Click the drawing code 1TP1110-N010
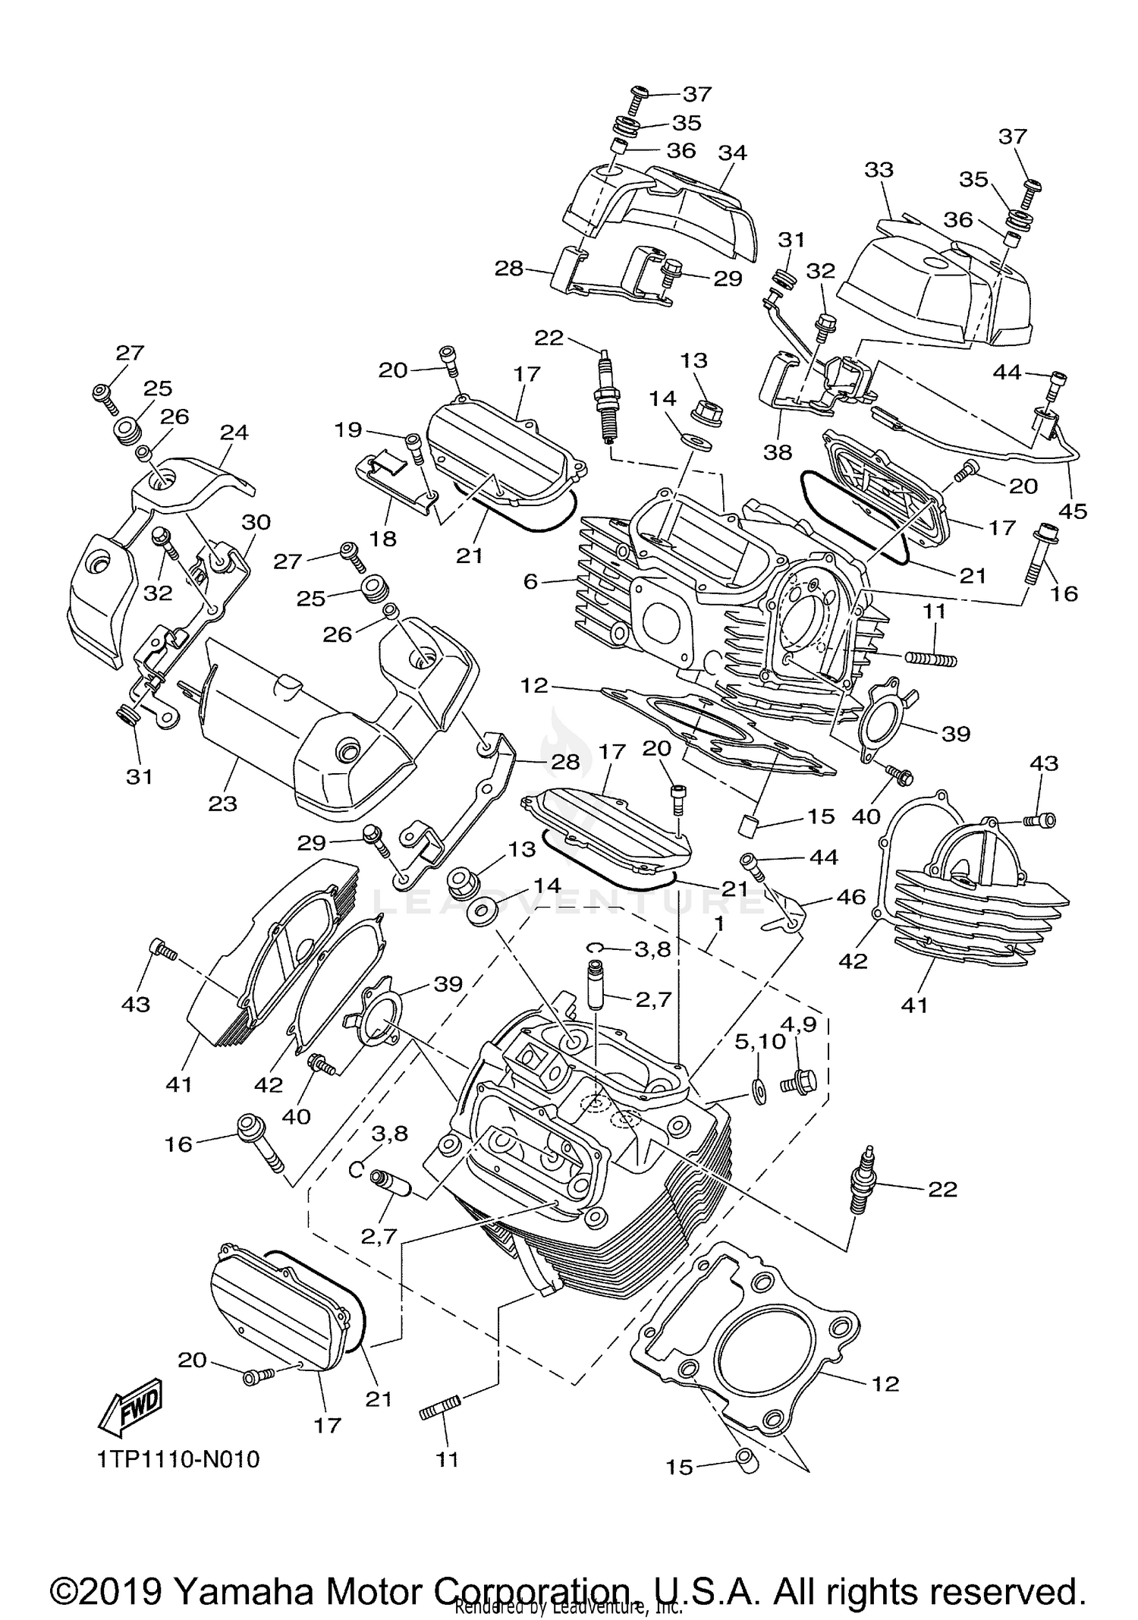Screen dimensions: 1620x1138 (178, 1459)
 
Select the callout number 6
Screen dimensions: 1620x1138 (530, 581)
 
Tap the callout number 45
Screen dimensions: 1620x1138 (1074, 511)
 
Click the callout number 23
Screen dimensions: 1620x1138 (222, 803)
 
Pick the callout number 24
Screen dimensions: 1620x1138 (234, 433)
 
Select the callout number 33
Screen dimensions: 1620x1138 (879, 169)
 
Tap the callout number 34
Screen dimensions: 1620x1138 (733, 153)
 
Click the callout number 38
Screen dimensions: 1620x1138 (777, 452)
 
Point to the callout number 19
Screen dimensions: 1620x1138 (349, 430)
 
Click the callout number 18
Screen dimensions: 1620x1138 (384, 539)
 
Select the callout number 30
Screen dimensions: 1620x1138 (256, 522)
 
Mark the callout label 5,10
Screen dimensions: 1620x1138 (759, 1042)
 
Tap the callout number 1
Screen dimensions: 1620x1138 (718, 924)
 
